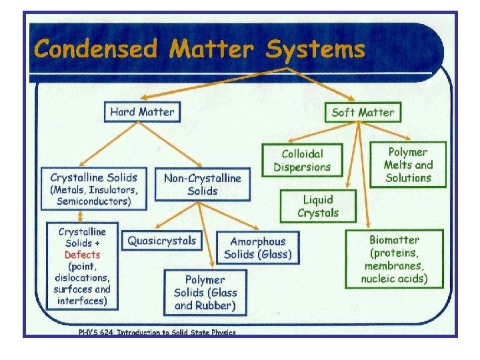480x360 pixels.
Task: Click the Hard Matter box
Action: [x=142, y=111]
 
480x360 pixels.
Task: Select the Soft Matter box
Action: [x=363, y=112]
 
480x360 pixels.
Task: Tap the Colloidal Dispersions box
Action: [x=301, y=161]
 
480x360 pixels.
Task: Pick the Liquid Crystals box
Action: [x=318, y=206]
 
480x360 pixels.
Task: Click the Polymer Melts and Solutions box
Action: [x=408, y=165]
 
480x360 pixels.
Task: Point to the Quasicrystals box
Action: [x=163, y=241]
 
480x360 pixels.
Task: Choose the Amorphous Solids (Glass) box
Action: [x=258, y=248]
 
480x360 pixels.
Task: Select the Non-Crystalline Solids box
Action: [x=202, y=184]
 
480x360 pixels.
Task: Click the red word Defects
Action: [x=82, y=255]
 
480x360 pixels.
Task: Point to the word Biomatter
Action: [x=395, y=240]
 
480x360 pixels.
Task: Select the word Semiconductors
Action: [x=93, y=201]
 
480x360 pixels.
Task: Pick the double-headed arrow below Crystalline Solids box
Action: [x=81, y=216]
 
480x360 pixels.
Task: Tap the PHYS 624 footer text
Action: [x=157, y=332]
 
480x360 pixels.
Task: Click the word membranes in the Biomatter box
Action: [x=395, y=266]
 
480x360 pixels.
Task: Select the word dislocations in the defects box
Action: [x=81, y=277]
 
